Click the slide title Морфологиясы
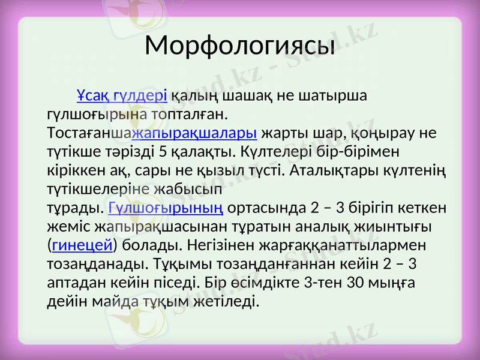[240, 44]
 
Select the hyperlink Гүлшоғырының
[167, 208]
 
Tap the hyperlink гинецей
[83, 246]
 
